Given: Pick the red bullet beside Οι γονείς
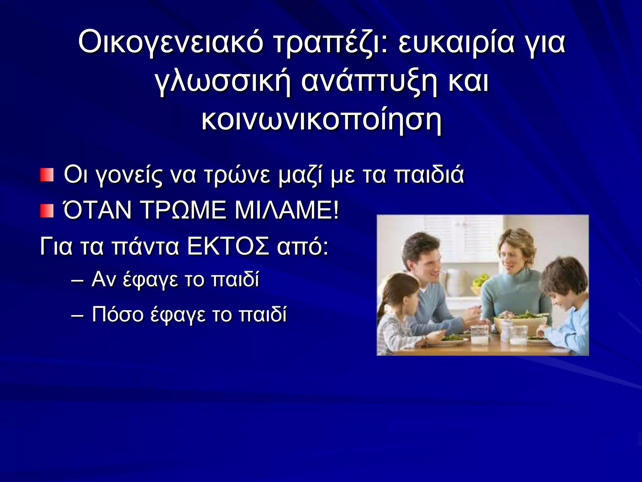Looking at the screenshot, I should point(47,175).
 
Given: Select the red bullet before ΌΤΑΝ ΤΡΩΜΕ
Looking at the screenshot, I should point(47,211).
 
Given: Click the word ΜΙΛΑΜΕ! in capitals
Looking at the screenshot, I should point(287,210).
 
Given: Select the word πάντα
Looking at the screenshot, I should point(145,246).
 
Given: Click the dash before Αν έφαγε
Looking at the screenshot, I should point(77,280).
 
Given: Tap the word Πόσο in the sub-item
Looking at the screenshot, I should point(118,314).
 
